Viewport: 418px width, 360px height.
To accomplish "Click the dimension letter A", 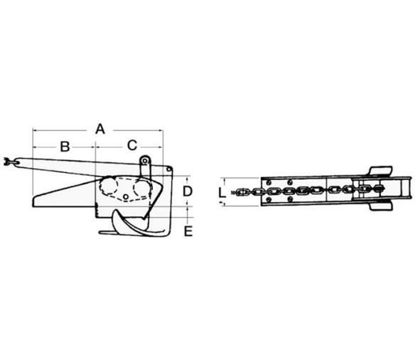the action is pyautogui.click(x=100, y=129).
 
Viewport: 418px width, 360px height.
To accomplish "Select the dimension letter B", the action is pyautogui.click(x=65, y=147).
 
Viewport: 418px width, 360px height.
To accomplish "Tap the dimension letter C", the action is pyautogui.click(x=132, y=145).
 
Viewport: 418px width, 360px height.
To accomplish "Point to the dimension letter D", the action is pyautogui.click(x=188, y=191).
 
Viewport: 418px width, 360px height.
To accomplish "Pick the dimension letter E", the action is pyautogui.click(x=188, y=231).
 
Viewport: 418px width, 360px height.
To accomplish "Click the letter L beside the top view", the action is pyautogui.click(x=222, y=192).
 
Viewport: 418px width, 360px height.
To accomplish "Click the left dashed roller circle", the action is pyautogui.click(x=109, y=186).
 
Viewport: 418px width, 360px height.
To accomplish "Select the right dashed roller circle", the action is pyautogui.click(x=142, y=188).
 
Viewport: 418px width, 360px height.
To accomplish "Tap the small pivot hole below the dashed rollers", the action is pyautogui.click(x=126, y=196).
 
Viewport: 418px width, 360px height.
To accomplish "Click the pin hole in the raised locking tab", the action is pyautogui.click(x=145, y=161).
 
